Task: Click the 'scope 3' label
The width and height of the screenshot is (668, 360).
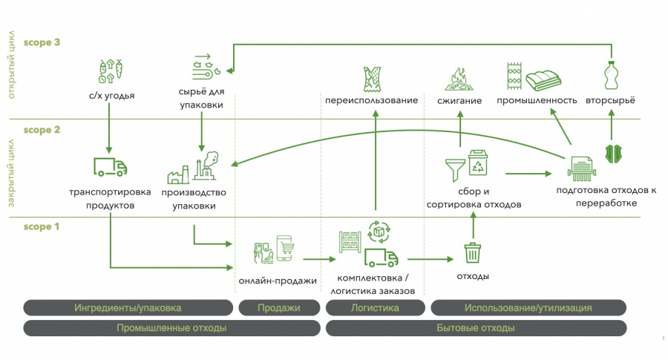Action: (x=42, y=43)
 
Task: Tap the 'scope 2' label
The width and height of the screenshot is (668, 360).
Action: (x=42, y=130)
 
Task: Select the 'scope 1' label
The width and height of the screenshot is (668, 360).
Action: (x=42, y=227)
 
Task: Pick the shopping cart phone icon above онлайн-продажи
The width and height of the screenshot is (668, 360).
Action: (x=272, y=250)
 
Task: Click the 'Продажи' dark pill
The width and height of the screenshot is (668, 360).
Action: (x=278, y=307)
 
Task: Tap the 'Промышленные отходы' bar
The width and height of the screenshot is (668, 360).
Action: (x=171, y=327)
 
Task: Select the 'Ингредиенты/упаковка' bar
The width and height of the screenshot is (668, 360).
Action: (x=128, y=307)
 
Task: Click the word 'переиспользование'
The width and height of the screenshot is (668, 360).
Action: (x=371, y=100)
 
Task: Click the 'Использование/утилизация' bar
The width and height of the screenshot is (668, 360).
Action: (x=528, y=307)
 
